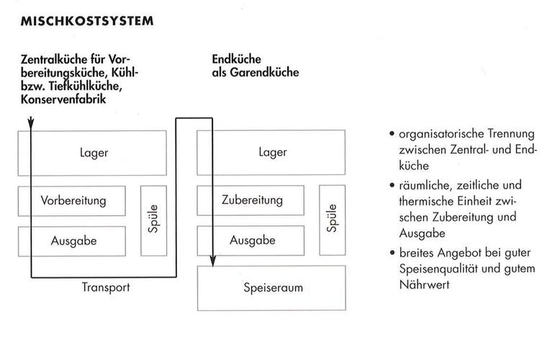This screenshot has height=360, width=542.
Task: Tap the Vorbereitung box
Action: coord(73,199)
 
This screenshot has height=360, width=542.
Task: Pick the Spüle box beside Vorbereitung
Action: coord(153,221)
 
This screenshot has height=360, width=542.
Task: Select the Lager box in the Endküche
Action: coord(272,152)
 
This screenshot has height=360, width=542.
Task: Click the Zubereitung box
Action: coord(253,199)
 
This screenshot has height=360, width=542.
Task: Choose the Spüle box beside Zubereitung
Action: coord(333,221)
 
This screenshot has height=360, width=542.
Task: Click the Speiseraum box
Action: coord(272,288)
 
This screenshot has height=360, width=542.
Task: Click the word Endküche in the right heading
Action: coord(236,60)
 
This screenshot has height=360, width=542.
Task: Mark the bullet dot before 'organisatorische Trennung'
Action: coord(391,135)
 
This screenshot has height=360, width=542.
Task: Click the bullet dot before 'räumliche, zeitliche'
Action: coord(391,186)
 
